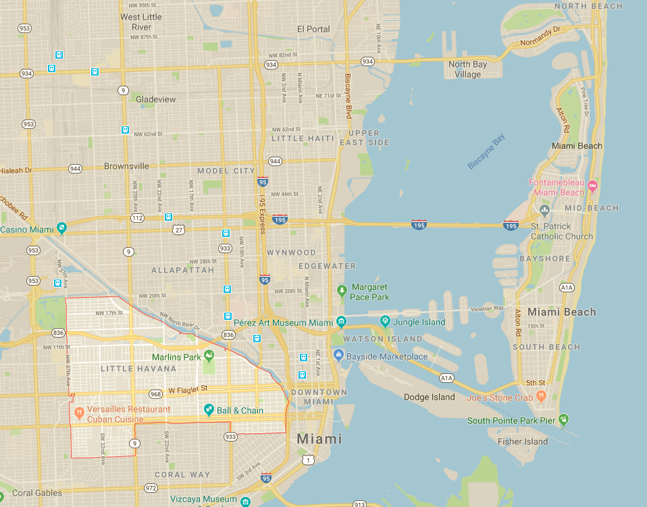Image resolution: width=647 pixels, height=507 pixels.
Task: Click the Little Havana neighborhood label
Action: [138, 369]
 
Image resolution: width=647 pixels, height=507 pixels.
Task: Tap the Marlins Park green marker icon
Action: [209, 356]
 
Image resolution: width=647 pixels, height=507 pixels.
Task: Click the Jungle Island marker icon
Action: [385, 321]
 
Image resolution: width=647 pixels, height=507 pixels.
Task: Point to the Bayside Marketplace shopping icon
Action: [338, 356]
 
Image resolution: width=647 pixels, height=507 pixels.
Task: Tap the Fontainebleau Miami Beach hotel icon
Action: [592, 186]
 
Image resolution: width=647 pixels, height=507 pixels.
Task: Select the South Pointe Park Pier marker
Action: [563, 420]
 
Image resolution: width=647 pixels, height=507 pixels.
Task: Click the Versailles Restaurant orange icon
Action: [79, 410]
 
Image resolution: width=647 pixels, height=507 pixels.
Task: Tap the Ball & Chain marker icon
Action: [209, 410]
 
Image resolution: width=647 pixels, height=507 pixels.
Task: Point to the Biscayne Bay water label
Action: [486, 152]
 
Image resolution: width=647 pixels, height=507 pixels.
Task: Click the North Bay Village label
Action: [467, 70]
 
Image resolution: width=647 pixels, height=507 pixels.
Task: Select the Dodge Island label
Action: [430, 397]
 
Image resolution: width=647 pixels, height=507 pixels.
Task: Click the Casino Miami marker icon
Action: [61, 229]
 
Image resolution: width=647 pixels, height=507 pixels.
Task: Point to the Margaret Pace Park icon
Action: [342, 291]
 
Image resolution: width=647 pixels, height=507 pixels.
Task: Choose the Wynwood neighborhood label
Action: [291, 252]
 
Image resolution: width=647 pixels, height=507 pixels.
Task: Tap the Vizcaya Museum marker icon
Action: [244, 501]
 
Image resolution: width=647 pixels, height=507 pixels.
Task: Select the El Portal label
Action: [313, 29]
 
